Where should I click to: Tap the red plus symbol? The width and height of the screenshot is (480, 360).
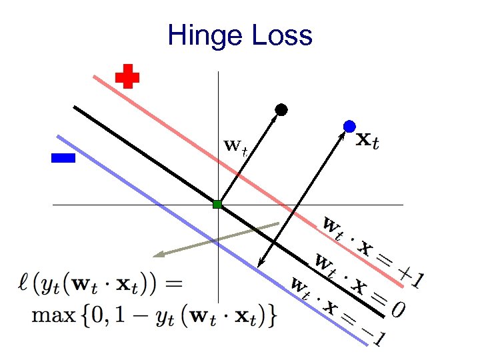pos(127,77)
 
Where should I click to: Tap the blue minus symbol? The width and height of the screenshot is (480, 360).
pos(63,158)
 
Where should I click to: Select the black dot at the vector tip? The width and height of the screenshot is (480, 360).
pos(281,109)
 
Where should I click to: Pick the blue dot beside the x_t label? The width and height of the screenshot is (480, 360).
pos(349,126)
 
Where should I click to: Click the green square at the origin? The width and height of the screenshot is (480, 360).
pos(217,204)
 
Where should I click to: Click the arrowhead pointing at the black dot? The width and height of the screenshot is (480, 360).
pos(276,116)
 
